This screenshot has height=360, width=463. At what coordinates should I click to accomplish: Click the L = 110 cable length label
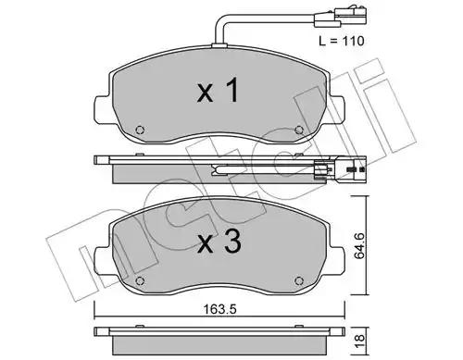342,41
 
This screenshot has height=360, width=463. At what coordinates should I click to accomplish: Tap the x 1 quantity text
218,90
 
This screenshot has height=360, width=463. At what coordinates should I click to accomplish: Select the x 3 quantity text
219,242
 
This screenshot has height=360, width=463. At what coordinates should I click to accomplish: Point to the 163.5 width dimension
219,309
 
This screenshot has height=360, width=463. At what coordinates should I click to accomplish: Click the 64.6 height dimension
359,246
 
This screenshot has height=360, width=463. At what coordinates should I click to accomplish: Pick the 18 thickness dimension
359,341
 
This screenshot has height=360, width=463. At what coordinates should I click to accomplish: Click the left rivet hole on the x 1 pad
140,130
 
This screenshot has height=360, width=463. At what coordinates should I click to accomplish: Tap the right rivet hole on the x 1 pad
299,130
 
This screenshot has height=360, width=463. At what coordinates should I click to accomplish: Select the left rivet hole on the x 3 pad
140,280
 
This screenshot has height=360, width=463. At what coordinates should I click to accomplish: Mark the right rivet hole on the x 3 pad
299,280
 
